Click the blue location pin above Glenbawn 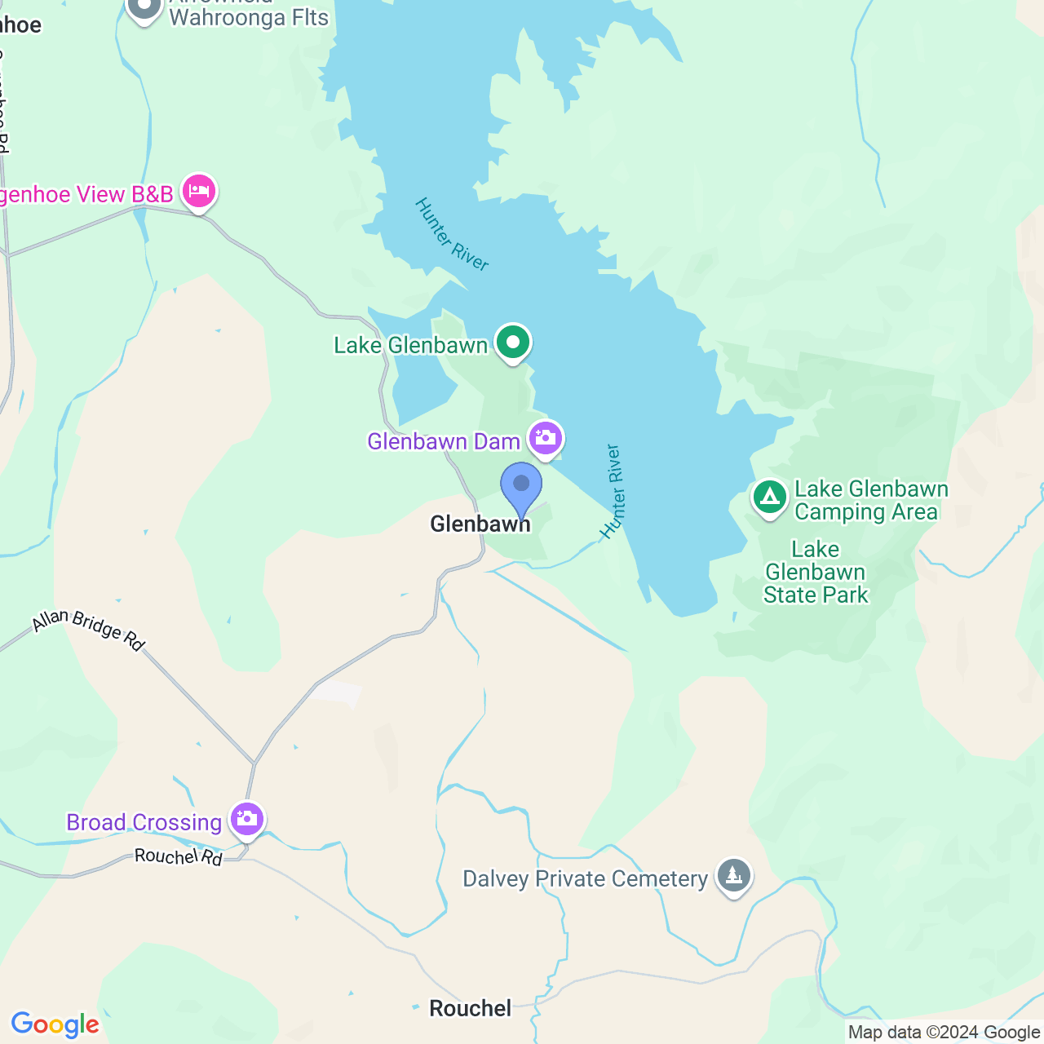click(x=521, y=486)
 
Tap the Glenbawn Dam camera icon click(x=546, y=439)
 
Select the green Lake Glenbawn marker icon click(x=513, y=343)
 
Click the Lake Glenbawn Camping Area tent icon click(x=769, y=497)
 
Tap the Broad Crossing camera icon click(x=246, y=819)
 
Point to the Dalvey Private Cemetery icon click(x=733, y=876)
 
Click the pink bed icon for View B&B click(x=199, y=192)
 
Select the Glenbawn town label click(x=480, y=524)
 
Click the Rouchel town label click(x=471, y=1008)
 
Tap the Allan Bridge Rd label click(x=88, y=630)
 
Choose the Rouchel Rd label click(x=178, y=856)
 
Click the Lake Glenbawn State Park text click(x=816, y=572)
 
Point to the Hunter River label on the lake click(x=451, y=234)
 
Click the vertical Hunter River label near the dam click(x=613, y=491)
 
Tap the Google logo click(x=55, y=1024)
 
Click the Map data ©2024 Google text click(x=944, y=1033)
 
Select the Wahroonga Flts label click(x=249, y=17)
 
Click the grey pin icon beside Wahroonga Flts click(x=144, y=7)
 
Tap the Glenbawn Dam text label click(x=444, y=441)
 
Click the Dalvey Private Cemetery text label click(x=585, y=878)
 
